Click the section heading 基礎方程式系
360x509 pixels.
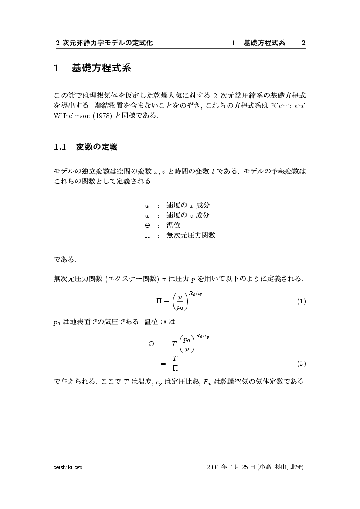tap(101, 68)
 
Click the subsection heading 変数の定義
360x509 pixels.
tap(97, 147)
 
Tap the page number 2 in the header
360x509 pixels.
tap(303, 43)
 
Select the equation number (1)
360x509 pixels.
tap(301, 301)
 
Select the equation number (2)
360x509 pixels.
tap(301, 363)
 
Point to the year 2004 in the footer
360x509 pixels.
tap(214, 467)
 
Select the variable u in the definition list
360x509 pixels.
tap(147, 206)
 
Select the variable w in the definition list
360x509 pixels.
tap(147, 216)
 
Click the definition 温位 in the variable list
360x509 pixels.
tap(173, 226)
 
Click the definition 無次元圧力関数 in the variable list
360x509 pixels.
tap(191, 236)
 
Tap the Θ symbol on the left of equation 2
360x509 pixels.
tap(151, 344)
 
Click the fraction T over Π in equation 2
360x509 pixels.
tap(175, 363)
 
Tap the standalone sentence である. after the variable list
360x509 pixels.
tap(65, 260)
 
